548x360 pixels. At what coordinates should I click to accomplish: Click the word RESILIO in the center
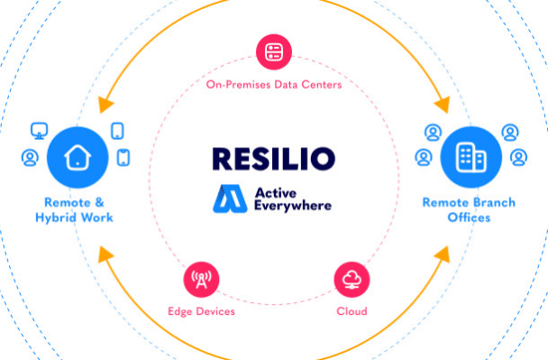[x=273, y=158]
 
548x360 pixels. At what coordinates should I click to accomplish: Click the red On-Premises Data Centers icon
[x=273, y=52]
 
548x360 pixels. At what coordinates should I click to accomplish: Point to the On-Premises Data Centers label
[x=273, y=85]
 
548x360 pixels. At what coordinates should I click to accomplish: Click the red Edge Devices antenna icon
[x=201, y=278]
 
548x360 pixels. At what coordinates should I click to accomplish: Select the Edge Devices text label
[x=201, y=311]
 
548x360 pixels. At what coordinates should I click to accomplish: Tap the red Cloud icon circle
[x=350, y=278]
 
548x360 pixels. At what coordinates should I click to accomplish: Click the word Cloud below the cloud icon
[x=351, y=311]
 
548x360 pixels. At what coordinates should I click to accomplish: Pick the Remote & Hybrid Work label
[x=76, y=208]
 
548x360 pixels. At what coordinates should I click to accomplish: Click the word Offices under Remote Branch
[x=468, y=216]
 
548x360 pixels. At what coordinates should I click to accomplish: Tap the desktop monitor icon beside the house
[x=40, y=130]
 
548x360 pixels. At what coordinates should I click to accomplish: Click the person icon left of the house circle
[x=30, y=158]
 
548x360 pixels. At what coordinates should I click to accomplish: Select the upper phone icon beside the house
[x=117, y=131]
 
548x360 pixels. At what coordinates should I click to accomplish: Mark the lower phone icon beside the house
[x=124, y=158]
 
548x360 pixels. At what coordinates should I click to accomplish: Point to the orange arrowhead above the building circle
[x=440, y=102]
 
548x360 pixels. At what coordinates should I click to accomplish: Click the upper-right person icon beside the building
[x=510, y=131]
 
